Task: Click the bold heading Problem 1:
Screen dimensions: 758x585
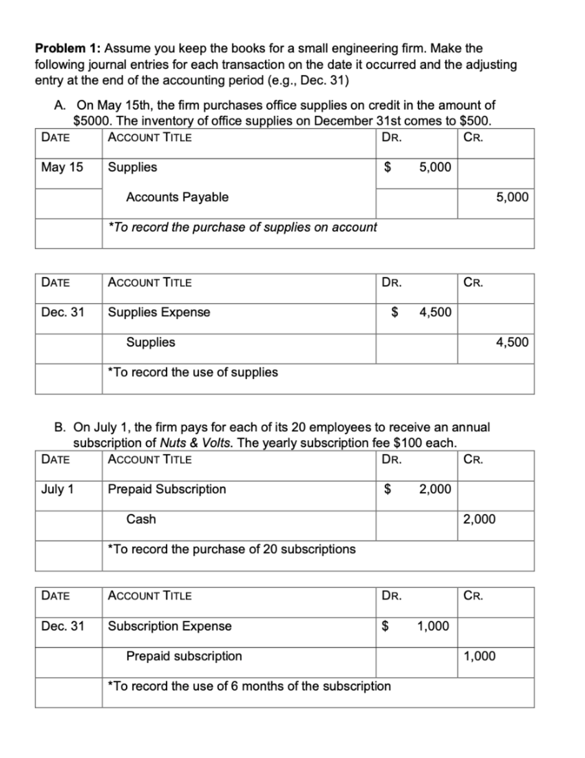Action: [68, 48]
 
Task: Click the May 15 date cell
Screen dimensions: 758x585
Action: [62, 167]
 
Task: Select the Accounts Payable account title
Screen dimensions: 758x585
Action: [177, 197]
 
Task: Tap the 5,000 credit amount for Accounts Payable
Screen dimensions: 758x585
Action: [512, 197]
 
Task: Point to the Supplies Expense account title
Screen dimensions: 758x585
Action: [159, 312]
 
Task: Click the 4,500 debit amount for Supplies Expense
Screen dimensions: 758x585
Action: [435, 312]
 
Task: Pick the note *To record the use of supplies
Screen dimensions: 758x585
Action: [193, 372]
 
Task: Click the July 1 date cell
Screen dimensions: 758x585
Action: [57, 489]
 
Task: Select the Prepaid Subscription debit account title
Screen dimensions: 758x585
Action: [167, 489]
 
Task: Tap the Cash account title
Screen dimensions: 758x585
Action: [141, 519]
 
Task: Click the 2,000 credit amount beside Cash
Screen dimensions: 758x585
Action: [479, 519]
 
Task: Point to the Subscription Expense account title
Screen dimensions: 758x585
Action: [170, 626]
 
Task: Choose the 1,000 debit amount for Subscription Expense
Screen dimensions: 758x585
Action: [433, 626]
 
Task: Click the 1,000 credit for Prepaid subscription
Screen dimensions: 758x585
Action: [479, 656]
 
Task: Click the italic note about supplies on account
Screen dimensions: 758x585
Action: [242, 227]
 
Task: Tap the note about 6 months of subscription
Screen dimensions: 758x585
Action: [249, 686]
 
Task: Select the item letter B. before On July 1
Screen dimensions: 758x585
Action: [60, 428]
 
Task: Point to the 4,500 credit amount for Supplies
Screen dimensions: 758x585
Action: [512, 342]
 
